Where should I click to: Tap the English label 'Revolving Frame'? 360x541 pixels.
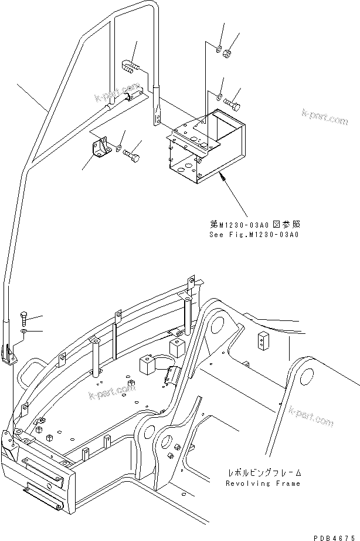pyautogui.click(x=263, y=483)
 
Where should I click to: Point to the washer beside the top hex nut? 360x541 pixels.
pyautogui.click(x=218, y=47)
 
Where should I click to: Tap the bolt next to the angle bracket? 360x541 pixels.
pyautogui.click(x=134, y=156)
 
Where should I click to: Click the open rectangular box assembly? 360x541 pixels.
pyautogui.click(x=205, y=147)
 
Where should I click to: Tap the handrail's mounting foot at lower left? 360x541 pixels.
pyautogui.click(x=12, y=356)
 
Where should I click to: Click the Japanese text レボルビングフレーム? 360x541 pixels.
pyautogui.click(x=264, y=473)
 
